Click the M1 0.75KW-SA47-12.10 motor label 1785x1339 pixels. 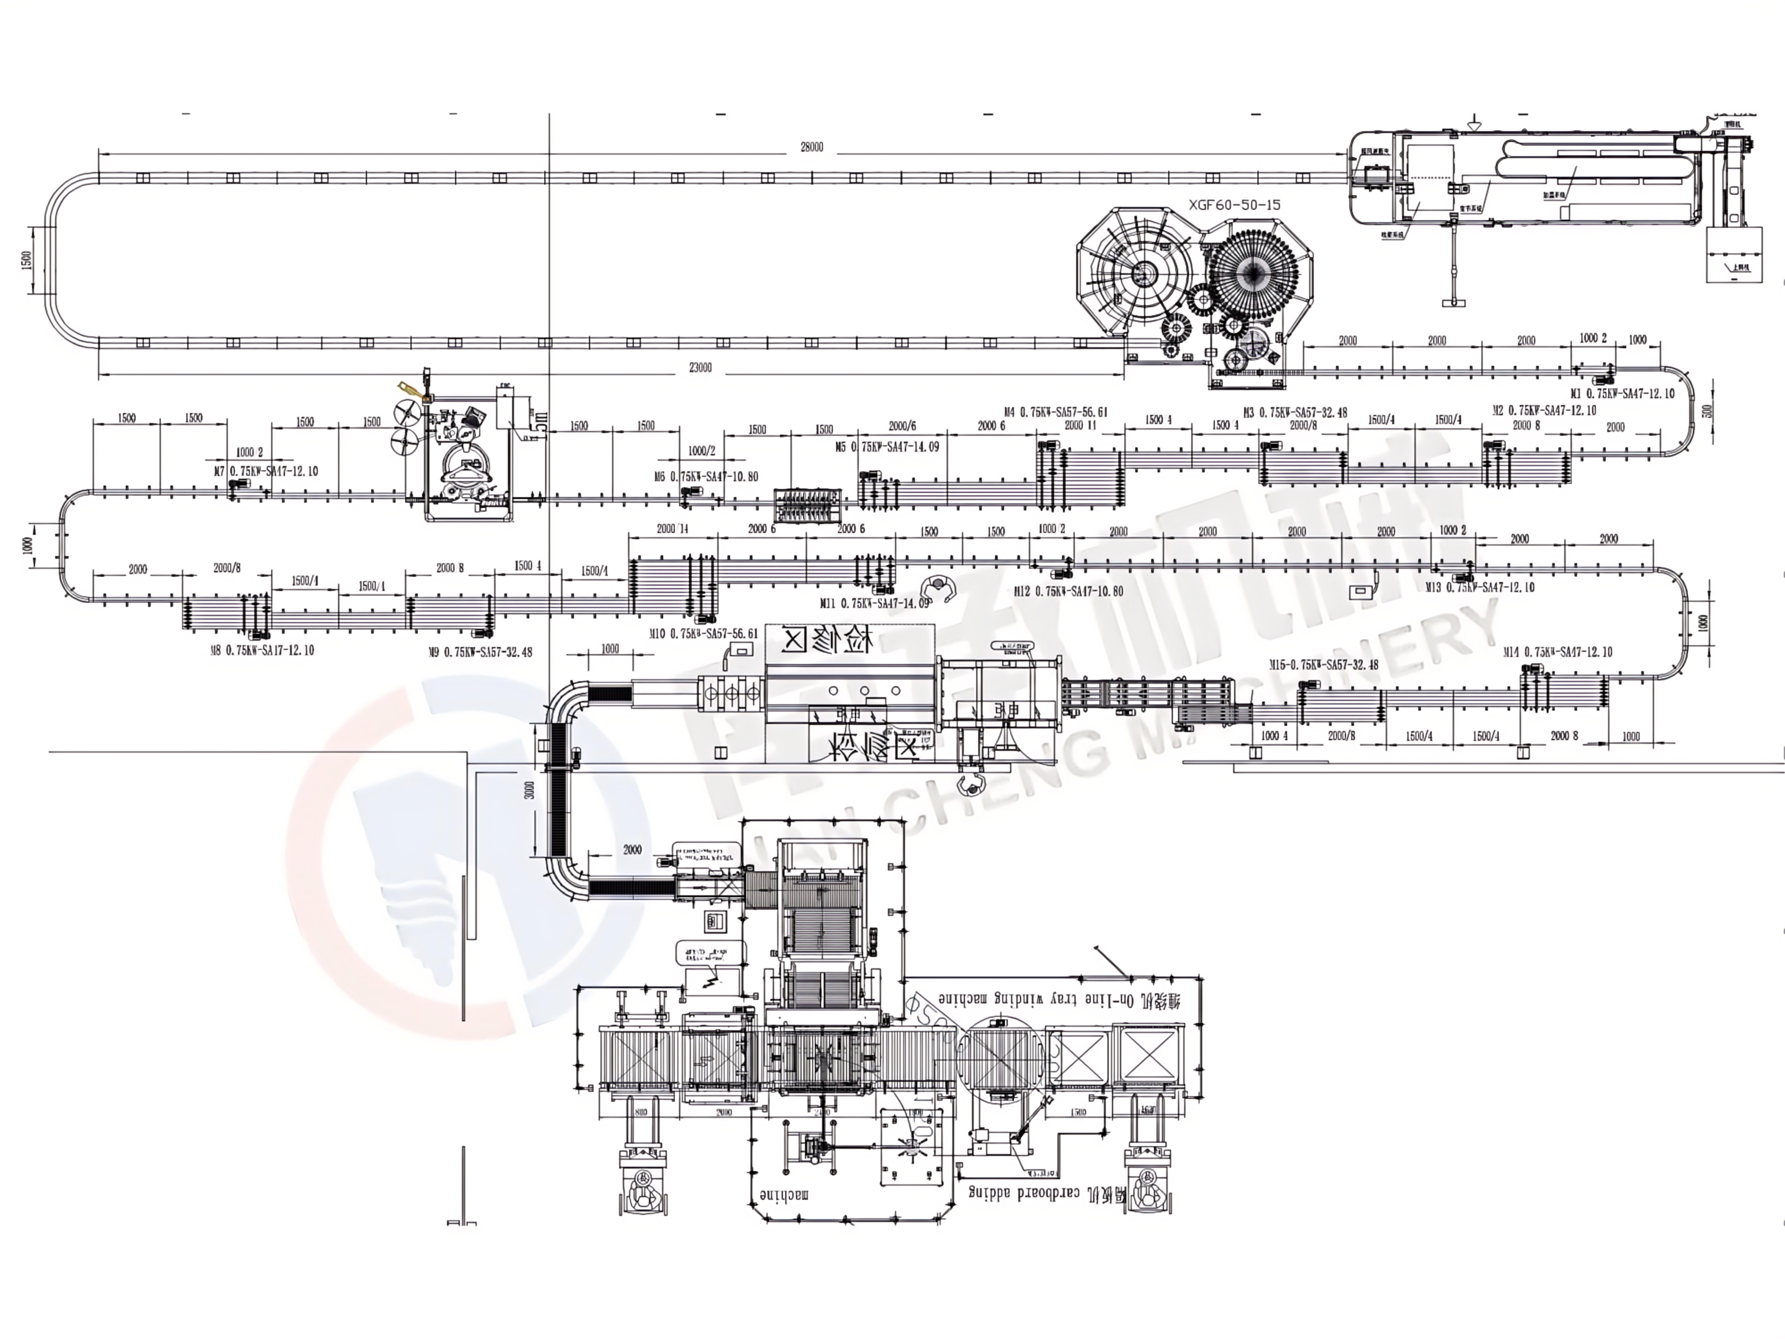tap(1622, 394)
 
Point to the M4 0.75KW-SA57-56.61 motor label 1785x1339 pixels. tap(1055, 412)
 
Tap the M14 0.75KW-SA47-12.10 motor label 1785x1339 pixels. tap(1557, 652)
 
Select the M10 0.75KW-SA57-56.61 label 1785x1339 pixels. tap(704, 634)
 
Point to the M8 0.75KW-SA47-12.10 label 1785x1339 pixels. tap(262, 651)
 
